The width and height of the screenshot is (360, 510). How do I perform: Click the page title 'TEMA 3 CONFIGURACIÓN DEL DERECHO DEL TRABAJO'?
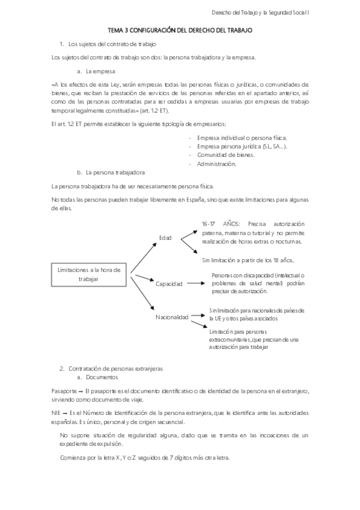180,29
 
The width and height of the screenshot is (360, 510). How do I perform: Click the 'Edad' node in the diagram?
165,238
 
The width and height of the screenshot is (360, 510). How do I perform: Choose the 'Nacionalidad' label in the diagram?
172,317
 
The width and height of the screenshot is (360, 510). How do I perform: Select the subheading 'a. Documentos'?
98,377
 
